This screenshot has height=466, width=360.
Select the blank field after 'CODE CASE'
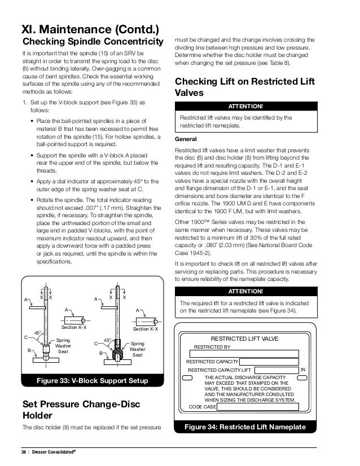click(256, 406)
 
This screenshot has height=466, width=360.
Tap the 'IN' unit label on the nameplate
click(303, 370)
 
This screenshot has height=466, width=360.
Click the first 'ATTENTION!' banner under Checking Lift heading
click(245, 106)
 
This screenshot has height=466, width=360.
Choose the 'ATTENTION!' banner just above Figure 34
click(245, 292)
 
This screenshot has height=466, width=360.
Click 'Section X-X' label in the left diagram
click(73, 327)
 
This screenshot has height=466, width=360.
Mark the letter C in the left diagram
click(26, 337)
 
